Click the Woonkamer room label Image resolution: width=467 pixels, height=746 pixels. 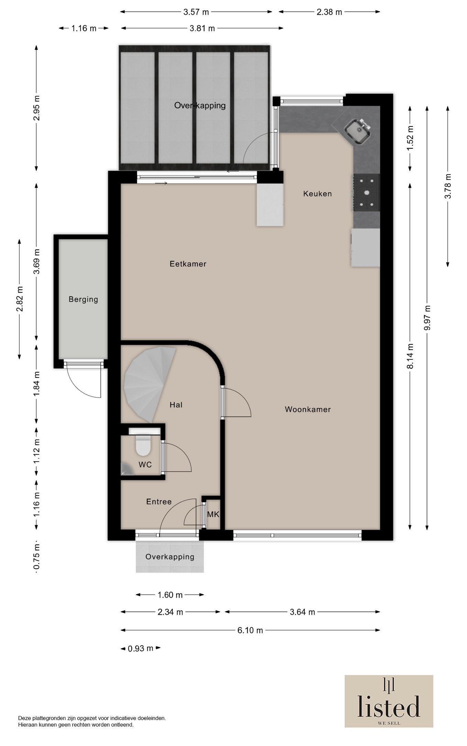coord(308,409)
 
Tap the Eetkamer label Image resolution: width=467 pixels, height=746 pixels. coord(188,264)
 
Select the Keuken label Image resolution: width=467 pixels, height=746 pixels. coord(317,194)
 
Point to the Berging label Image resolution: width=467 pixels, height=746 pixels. coord(83,300)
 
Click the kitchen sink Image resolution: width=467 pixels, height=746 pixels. coord(358,131)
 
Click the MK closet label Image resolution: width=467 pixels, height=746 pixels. coord(213,515)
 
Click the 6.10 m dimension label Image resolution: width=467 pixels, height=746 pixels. coord(250,630)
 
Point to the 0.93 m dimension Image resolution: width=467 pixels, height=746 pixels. coord(140,648)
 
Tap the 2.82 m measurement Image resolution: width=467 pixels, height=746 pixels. coord(20,299)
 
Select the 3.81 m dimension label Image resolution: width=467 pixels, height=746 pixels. coord(202,28)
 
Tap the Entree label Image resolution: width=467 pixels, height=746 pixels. coord(159,502)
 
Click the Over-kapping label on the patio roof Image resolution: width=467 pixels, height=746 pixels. coord(200,105)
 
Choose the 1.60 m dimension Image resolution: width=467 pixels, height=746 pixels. coord(170,595)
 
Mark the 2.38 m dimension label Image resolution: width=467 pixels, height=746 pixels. coord(329,12)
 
